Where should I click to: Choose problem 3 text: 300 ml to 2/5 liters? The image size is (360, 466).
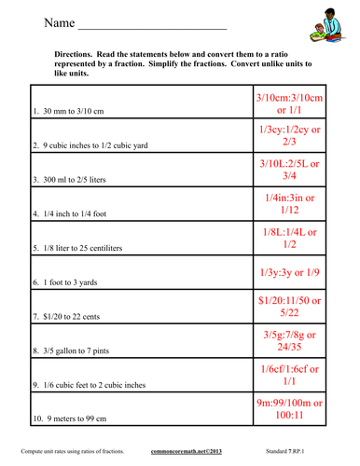click(83, 180)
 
